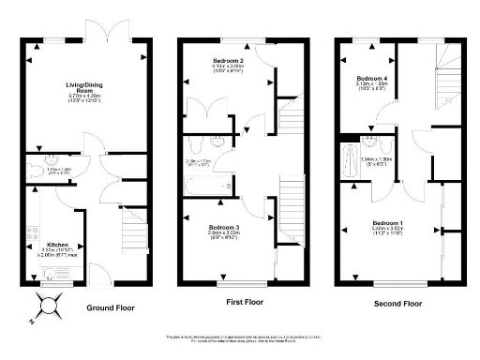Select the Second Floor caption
click(395, 304)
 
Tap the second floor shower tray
click(351, 158)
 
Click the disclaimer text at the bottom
click(240, 337)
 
